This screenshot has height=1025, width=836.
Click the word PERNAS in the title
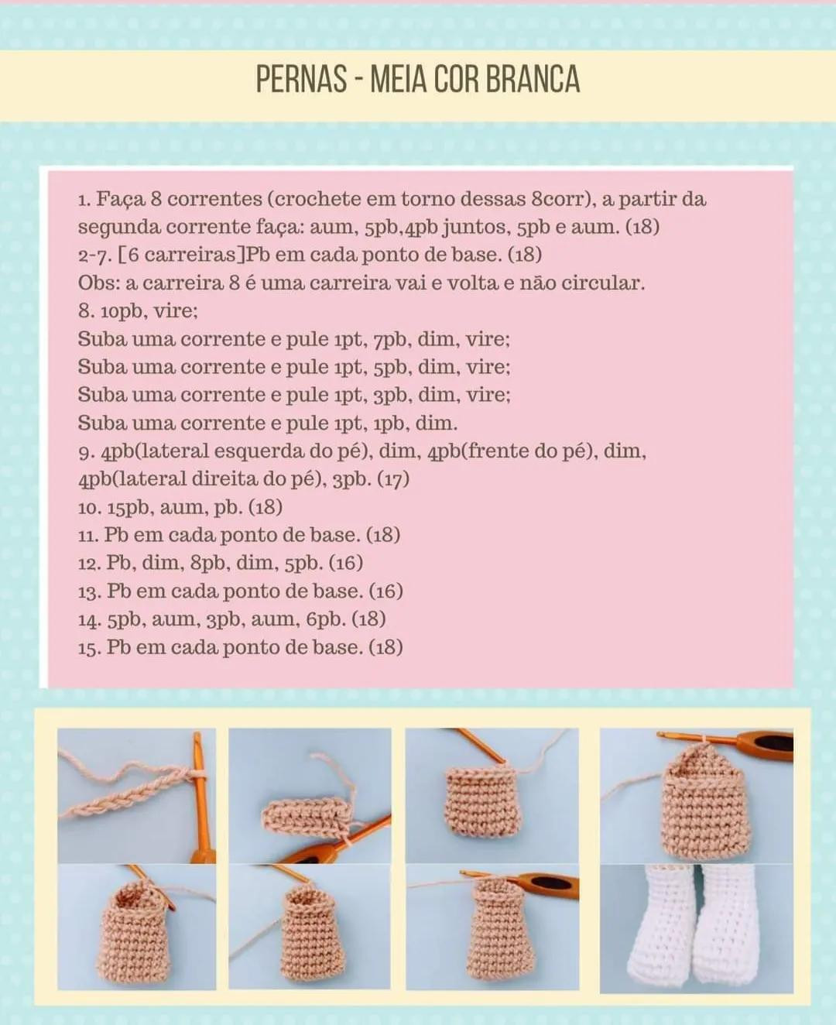pyautogui.click(x=301, y=80)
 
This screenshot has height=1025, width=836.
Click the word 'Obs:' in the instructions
pyautogui.click(x=98, y=283)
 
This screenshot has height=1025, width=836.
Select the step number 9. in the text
pyautogui.click(x=87, y=452)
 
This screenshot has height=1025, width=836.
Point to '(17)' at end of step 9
pyautogui.click(x=393, y=480)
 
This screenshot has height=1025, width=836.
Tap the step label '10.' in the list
pyautogui.click(x=90, y=508)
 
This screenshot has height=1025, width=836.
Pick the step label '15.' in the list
pyautogui.click(x=90, y=648)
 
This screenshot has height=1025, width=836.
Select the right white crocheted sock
pyautogui.click(x=728, y=925)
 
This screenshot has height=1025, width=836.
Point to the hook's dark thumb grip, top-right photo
pyautogui.click(x=773, y=744)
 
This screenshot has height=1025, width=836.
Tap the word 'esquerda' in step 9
pyautogui.click(x=260, y=452)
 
